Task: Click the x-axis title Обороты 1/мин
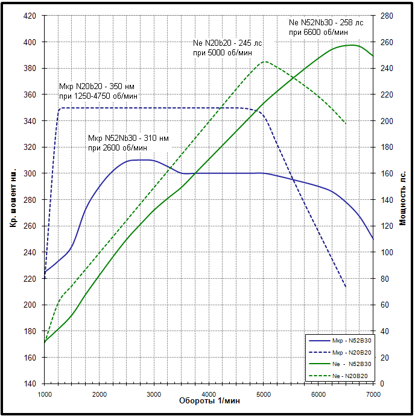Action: click(x=210, y=401)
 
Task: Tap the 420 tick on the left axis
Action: click(x=29, y=16)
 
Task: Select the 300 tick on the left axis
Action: click(x=29, y=173)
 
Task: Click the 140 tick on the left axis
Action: click(x=29, y=383)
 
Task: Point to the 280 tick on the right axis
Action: click(x=386, y=16)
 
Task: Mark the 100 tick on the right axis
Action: click(x=386, y=252)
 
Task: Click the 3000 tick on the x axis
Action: click(x=154, y=394)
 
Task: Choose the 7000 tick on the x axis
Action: click(x=373, y=394)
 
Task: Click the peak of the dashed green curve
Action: click(x=265, y=62)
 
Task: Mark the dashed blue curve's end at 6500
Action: click(x=346, y=287)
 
